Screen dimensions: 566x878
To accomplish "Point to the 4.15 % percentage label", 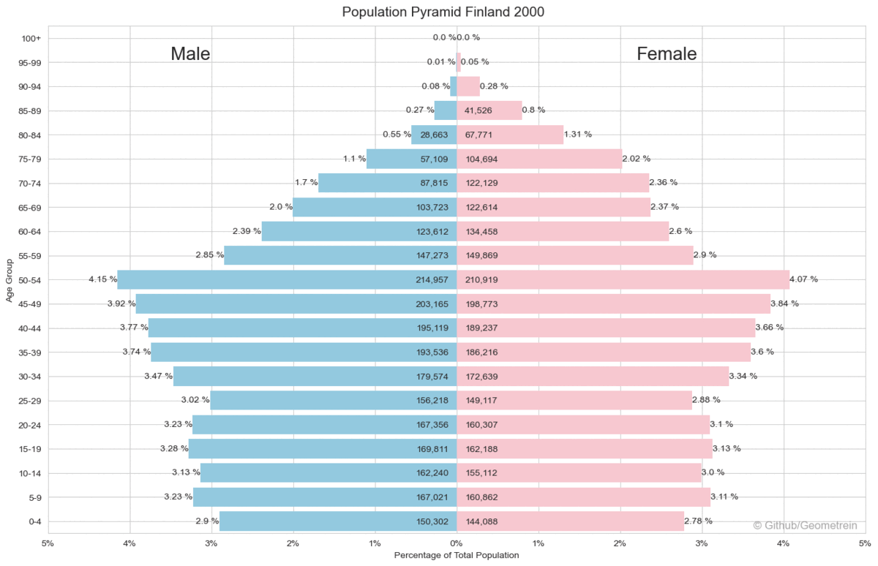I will [x=102, y=279].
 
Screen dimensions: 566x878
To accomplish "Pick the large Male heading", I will [x=190, y=54].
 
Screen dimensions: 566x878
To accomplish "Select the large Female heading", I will [x=667, y=54].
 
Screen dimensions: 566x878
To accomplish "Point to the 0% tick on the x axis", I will [x=457, y=543].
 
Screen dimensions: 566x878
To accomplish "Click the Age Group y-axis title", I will [x=10, y=279].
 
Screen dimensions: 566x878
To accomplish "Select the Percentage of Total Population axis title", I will [x=457, y=555].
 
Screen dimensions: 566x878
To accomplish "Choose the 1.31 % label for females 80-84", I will [x=578, y=135].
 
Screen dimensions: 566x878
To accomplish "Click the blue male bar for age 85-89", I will [x=445, y=110].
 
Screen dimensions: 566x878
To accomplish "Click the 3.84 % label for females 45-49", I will [x=784, y=303].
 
